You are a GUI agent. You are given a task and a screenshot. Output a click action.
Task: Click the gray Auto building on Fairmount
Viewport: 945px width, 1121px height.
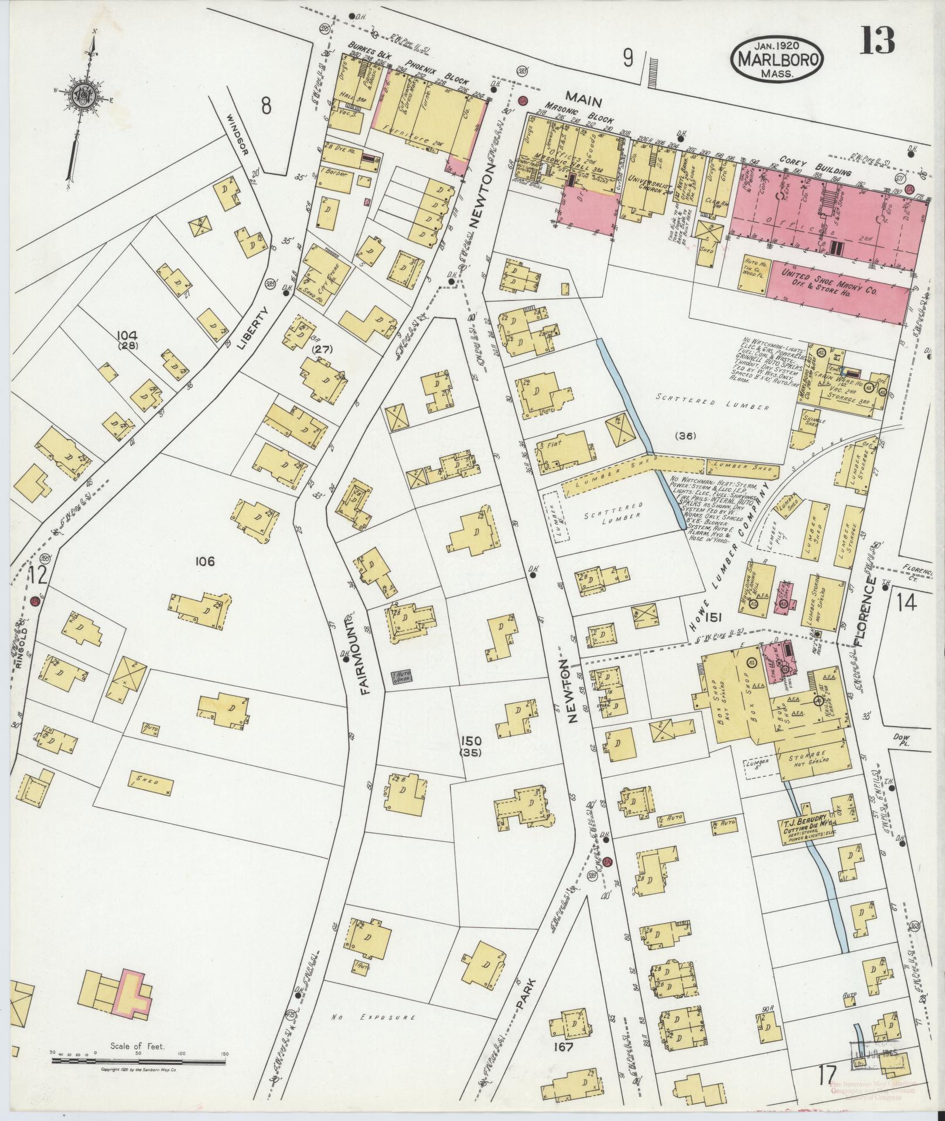click(x=402, y=678)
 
